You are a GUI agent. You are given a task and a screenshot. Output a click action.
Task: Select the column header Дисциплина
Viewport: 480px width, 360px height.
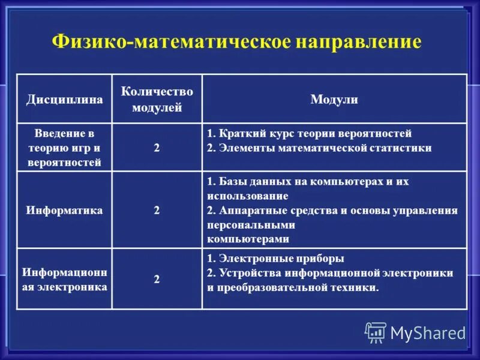(x=64, y=99)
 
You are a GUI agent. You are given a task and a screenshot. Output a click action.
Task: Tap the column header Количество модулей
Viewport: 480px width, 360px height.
(x=157, y=99)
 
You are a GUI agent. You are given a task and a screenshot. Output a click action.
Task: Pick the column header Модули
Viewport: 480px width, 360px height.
(x=334, y=100)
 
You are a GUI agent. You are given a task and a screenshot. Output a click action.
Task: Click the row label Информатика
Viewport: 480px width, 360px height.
(x=64, y=211)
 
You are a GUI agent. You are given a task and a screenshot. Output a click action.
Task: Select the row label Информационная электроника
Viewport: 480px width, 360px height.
(x=64, y=279)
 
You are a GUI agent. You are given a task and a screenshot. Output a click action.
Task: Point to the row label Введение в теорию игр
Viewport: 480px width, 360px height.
(x=64, y=148)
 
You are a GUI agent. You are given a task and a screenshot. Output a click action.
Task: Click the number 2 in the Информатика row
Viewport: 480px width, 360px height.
(x=157, y=211)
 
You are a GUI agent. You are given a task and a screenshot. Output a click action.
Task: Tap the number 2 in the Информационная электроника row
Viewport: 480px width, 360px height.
(x=157, y=279)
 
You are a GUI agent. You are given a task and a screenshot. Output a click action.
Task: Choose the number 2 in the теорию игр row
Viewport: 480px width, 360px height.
(x=157, y=148)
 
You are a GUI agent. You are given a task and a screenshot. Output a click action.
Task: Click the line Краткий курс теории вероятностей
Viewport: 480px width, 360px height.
(x=310, y=133)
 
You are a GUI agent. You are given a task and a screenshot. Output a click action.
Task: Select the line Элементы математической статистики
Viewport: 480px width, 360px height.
(x=319, y=148)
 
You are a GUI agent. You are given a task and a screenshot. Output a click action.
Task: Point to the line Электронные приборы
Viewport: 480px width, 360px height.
(x=276, y=259)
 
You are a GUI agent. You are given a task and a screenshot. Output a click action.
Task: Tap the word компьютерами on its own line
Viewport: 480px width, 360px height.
(x=248, y=239)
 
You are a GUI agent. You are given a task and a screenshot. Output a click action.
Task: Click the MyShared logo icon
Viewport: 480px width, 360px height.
(x=376, y=332)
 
